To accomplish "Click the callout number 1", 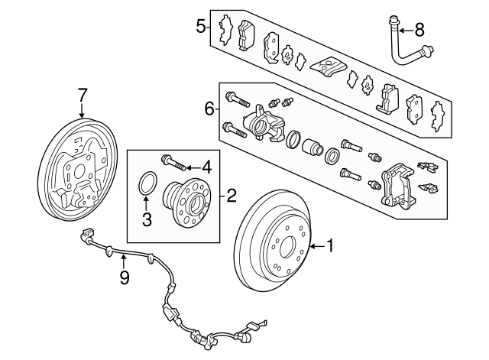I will pos(330,246).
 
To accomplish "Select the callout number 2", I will pos(232,195).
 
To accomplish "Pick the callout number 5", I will pos(201,28).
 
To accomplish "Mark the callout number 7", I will pos(83,96).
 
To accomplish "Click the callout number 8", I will pos(419,30).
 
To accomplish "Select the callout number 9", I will pos(125,278).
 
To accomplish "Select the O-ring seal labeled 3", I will pos(148,183).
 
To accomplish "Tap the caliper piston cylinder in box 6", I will pos(313,148).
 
